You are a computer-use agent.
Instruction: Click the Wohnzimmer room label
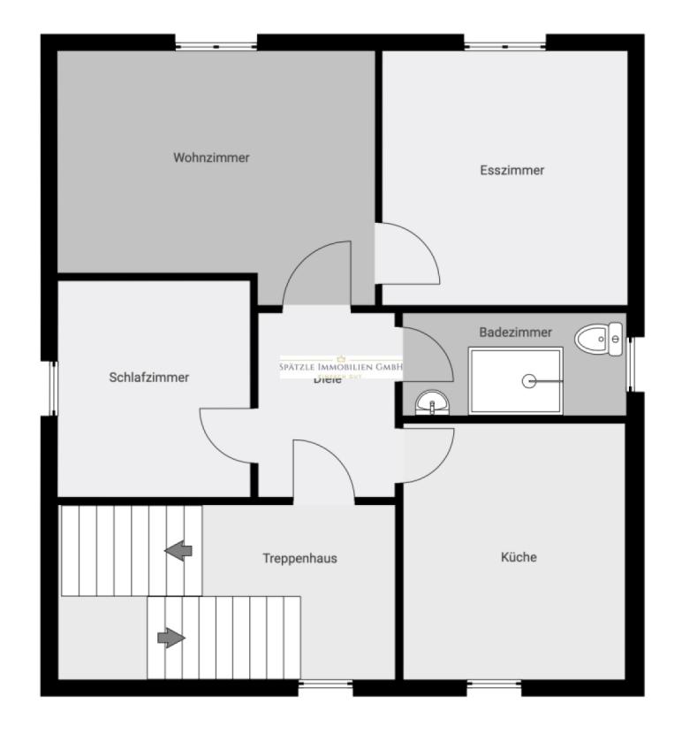coord(211,158)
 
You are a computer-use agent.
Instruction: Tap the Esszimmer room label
coord(511,170)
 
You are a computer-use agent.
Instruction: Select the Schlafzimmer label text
coord(149,377)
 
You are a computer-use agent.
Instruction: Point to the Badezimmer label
coord(516,333)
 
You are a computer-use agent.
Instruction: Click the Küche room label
coord(519,557)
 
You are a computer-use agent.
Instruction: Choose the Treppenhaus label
coord(299,558)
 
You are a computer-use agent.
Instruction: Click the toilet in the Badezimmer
coord(599,337)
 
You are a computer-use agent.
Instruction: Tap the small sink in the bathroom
coord(432,403)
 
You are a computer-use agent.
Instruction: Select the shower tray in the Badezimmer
coord(516,381)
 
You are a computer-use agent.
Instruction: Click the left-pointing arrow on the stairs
coord(178,551)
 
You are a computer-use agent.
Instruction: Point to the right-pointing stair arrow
coord(170,637)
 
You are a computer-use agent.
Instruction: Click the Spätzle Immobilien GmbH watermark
coord(341,367)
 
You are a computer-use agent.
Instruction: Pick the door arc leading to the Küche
coord(428,455)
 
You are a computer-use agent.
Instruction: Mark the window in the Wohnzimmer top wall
coord(216,42)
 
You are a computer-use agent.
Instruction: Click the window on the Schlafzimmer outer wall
coord(50,388)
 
